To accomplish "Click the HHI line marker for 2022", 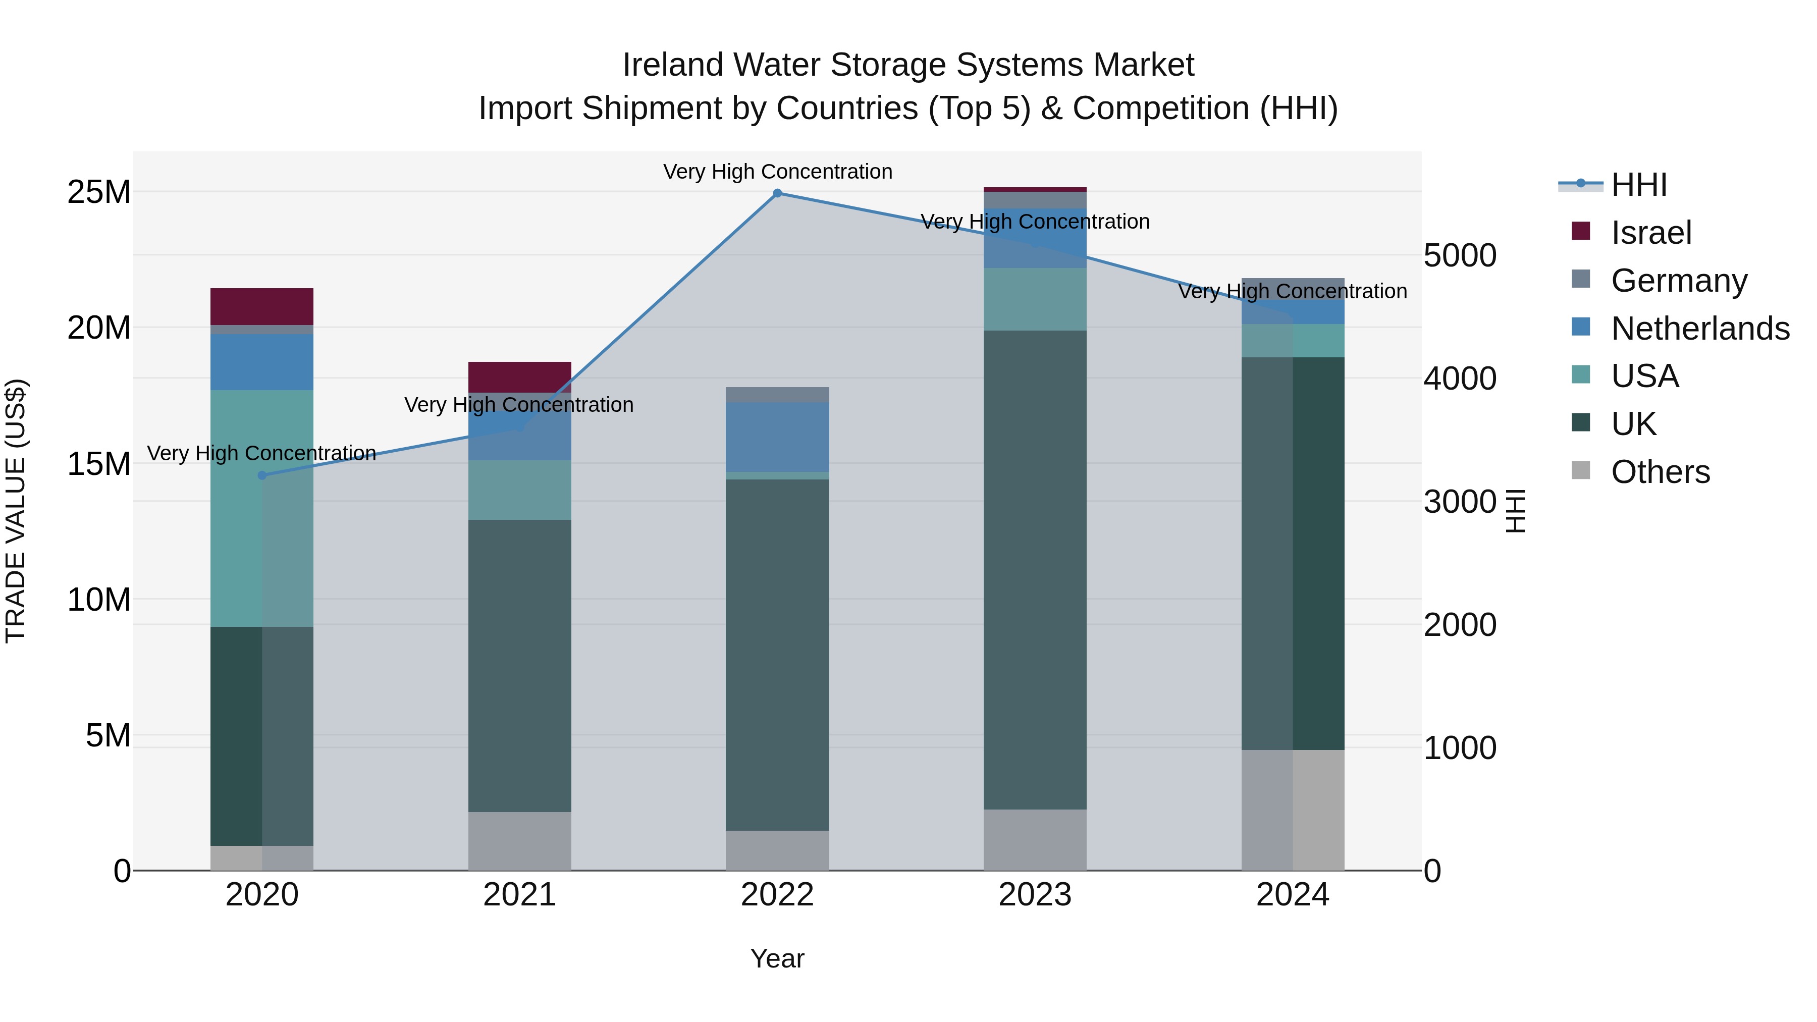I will pyautogui.click(x=777, y=193).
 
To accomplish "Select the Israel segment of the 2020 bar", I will pyautogui.click(x=261, y=306).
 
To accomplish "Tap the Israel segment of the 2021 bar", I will pyautogui.click(x=520, y=376).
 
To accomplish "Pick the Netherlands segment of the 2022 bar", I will pyautogui.click(x=777, y=437).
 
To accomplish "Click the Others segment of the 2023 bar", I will pyautogui.click(x=1035, y=839).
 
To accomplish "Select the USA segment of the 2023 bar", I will pyautogui.click(x=1035, y=299).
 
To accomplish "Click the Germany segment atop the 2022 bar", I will pyautogui.click(x=777, y=394).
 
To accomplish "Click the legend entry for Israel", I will pyautogui.click(x=1650, y=233).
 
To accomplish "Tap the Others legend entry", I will pyautogui.click(x=1660, y=472).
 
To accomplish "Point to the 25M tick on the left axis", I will pyautogui.click(x=99, y=192).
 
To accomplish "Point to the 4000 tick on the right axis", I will pyautogui.click(x=1459, y=379).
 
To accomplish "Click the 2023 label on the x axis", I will pyautogui.click(x=1035, y=895).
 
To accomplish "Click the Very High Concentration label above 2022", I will pyautogui.click(x=777, y=172).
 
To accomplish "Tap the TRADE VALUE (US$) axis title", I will pyautogui.click(x=16, y=511).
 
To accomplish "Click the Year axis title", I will pyautogui.click(x=777, y=958).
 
